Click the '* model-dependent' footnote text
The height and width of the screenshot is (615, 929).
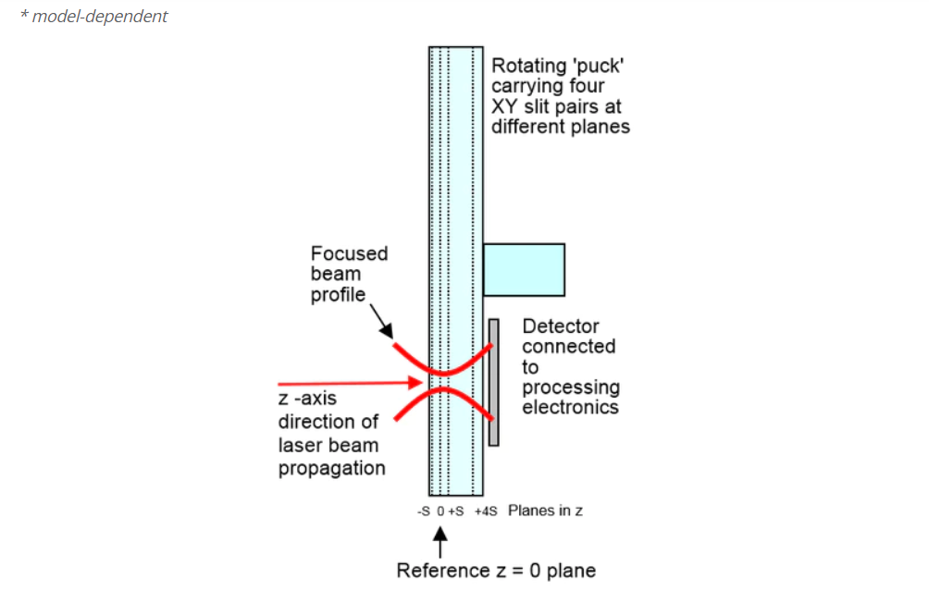click(94, 16)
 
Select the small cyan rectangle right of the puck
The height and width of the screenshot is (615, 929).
click(524, 269)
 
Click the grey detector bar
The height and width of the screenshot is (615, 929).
click(493, 382)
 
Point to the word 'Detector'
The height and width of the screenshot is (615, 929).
click(561, 326)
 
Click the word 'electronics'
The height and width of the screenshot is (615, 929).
click(570, 407)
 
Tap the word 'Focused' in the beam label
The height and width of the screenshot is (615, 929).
click(349, 253)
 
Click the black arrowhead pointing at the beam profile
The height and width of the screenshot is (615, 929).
click(386, 330)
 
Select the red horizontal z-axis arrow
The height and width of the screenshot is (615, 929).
click(350, 384)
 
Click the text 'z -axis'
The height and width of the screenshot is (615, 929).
click(307, 398)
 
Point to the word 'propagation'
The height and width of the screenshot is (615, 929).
click(332, 468)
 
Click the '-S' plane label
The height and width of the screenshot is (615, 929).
click(424, 510)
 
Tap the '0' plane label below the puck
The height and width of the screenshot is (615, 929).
click(440, 510)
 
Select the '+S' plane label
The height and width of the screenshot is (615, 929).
click(455, 510)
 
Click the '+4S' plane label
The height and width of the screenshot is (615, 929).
click(486, 510)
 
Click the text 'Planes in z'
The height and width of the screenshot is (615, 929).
click(545, 510)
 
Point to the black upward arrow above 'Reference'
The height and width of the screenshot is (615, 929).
click(440, 542)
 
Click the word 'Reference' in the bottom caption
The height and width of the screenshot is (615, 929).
click(443, 571)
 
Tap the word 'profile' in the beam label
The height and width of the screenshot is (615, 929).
click(338, 295)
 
